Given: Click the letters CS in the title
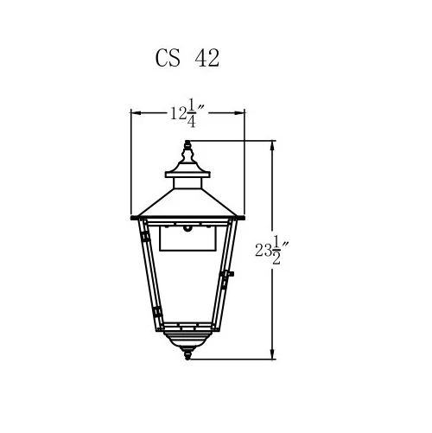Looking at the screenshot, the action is point(168,58).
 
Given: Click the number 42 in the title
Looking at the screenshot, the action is point(206,58).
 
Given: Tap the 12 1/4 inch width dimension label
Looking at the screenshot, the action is point(187,113).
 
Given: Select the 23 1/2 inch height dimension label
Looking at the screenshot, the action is point(272,250).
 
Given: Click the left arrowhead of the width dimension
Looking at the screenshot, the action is point(136,113).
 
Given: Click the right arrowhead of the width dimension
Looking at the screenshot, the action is point(240,113).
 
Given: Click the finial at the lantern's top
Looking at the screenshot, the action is point(187,153).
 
